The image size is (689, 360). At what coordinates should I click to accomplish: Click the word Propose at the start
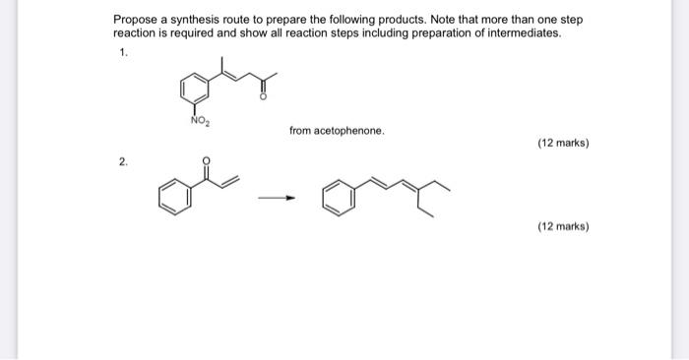(x=134, y=19)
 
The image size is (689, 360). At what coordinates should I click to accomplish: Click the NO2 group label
(x=198, y=122)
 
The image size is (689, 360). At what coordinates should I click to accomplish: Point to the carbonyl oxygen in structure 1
(x=263, y=97)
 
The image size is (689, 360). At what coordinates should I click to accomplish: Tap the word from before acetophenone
(x=300, y=130)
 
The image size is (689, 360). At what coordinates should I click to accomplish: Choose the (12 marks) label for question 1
(x=563, y=143)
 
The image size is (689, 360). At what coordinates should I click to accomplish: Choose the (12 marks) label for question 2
(x=563, y=226)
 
